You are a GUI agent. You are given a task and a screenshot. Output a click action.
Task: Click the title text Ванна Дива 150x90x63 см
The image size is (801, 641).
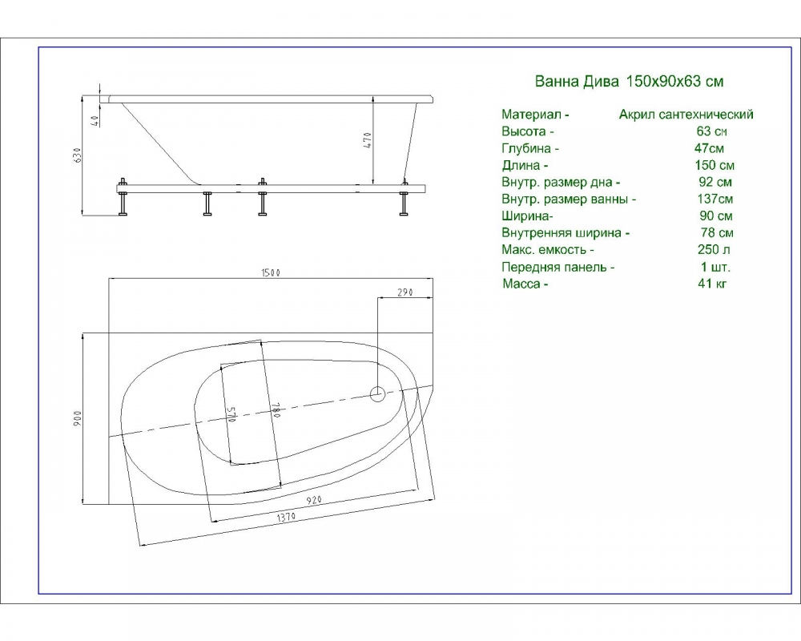(x=629, y=81)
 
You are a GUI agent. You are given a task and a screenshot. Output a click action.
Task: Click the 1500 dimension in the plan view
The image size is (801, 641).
(x=271, y=273)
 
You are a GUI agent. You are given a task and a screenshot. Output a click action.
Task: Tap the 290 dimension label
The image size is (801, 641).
(x=405, y=293)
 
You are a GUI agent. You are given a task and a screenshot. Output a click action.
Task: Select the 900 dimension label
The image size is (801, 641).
(x=77, y=418)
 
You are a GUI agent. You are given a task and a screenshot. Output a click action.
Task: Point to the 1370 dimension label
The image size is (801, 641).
(x=286, y=518)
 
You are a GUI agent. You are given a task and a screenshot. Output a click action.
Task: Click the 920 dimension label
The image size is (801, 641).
(x=314, y=500)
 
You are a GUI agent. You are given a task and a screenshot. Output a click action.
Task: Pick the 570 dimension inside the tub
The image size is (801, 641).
(x=231, y=414)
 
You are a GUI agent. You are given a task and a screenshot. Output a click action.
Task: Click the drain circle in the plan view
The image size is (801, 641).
(x=377, y=393)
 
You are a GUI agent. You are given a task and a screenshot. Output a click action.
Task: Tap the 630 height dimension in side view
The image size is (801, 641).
(x=78, y=155)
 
